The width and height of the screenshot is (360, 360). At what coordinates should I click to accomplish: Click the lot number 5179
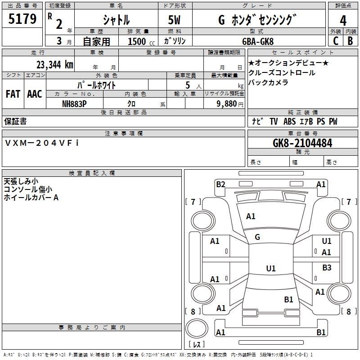click(x=22, y=19)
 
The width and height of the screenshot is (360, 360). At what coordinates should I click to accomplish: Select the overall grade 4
click(x=343, y=21)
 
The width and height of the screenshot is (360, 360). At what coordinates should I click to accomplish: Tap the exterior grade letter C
click(x=336, y=41)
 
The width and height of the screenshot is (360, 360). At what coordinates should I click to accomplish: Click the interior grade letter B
click(x=350, y=41)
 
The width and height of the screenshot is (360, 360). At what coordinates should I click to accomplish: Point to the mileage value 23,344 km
click(x=55, y=65)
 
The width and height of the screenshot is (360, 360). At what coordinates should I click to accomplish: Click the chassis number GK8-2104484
click(x=302, y=143)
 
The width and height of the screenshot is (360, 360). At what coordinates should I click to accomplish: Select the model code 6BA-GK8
click(x=258, y=41)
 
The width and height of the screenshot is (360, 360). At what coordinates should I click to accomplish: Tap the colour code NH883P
click(x=74, y=104)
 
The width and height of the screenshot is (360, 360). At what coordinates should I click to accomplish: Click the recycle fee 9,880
click(x=227, y=104)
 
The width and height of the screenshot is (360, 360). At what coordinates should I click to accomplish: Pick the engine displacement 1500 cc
click(x=141, y=41)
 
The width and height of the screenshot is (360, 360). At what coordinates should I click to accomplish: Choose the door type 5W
click(x=174, y=20)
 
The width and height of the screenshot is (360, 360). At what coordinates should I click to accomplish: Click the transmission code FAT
click(x=13, y=94)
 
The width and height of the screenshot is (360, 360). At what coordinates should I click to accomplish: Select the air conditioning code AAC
click(x=35, y=94)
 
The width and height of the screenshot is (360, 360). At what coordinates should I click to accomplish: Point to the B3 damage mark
click(x=327, y=267)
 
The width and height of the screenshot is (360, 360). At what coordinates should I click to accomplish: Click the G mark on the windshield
click(x=257, y=237)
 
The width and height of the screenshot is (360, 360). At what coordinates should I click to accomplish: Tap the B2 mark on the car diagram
click(x=220, y=184)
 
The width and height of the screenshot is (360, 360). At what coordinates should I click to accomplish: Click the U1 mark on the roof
click(x=271, y=268)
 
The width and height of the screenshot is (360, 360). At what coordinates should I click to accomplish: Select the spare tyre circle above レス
click(x=197, y=328)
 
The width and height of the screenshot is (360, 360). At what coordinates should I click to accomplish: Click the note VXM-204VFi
click(x=41, y=143)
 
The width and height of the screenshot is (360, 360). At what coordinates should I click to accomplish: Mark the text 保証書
click(x=15, y=121)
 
